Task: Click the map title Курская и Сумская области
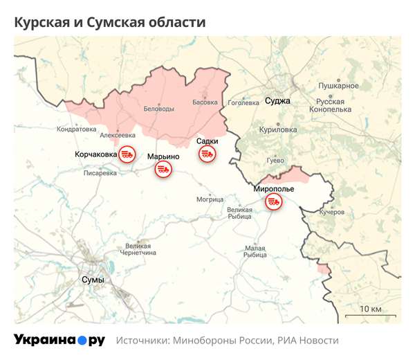(x=110, y=22)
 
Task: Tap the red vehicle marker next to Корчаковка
(x=127, y=154)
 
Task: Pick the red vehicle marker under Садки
(x=207, y=154)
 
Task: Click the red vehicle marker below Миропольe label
(x=273, y=201)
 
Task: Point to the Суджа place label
(x=277, y=101)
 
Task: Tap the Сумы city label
(x=92, y=280)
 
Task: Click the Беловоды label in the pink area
(x=158, y=109)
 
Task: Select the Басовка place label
(x=204, y=102)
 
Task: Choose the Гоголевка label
(x=243, y=102)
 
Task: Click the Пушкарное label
(x=338, y=86)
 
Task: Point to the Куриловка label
(x=277, y=129)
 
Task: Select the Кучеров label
(x=331, y=212)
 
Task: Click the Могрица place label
(x=210, y=199)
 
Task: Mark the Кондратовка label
(x=76, y=129)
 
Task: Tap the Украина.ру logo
(x=59, y=340)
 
